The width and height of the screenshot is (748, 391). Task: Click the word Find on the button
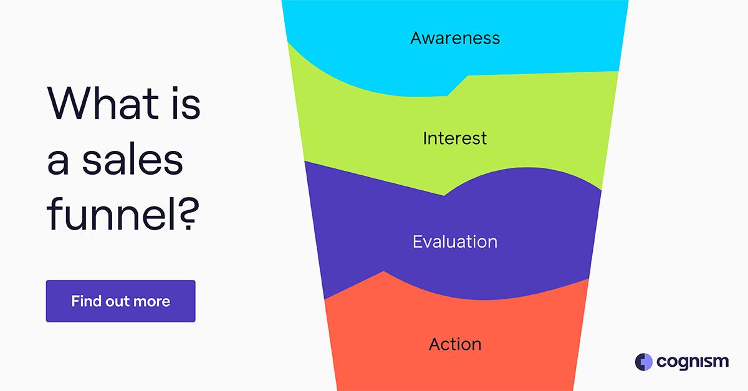tap(86, 302)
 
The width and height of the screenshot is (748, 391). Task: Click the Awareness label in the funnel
tap(455, 38)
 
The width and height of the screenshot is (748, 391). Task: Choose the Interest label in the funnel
tap(455, 138)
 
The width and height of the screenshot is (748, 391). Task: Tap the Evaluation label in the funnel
tap(455, 241)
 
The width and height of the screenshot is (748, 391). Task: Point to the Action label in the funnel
tap(455, 344)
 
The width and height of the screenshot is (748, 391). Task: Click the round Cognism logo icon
tap(643, 362)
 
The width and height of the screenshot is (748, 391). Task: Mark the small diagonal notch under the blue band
tap(458, 86)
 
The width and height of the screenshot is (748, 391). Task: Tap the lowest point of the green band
tap(444, 195)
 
